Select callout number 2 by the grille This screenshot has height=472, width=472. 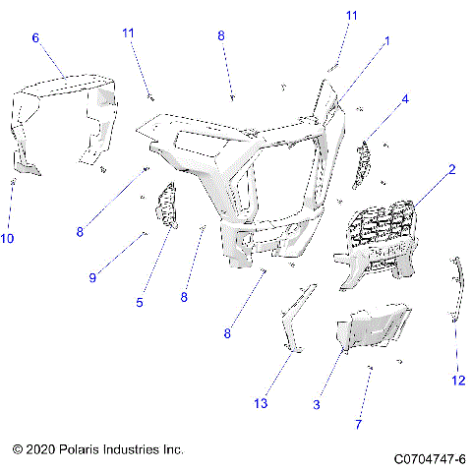coord(451,169)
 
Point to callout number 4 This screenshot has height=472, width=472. coord(404,99)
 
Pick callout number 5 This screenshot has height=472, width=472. coord(140,302)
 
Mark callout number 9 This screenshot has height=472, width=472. coord(93,278)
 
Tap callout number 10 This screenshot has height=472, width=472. coord(9,238)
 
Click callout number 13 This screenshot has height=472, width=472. coord(261,404)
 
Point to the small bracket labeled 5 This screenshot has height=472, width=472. coord(164,206)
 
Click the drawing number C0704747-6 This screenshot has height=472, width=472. coord(429,458)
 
